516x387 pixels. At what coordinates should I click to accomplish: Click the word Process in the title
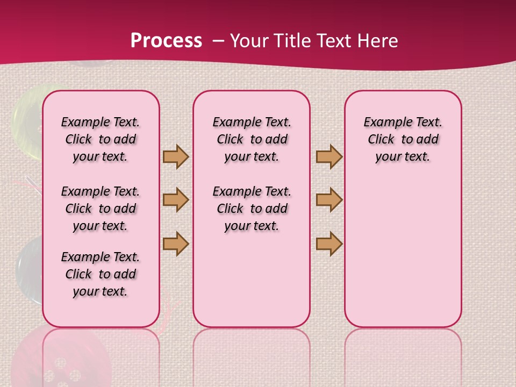pos(166,40)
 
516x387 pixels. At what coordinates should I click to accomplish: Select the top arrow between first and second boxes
pos(176,156)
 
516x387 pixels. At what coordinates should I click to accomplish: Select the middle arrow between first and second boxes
pos(176,200)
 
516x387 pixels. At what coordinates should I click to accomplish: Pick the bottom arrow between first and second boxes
pos(176,243)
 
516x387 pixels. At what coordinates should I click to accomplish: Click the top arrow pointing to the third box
pos(329,156)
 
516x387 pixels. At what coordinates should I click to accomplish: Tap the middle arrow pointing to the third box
pos(329,200)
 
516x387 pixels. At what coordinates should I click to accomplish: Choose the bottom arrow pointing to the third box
pos(329,243)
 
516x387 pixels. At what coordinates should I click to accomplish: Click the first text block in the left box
pos(101,139)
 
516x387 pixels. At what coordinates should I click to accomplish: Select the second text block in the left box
pos(101,209)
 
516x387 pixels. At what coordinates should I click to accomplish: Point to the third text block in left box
pos(101,274)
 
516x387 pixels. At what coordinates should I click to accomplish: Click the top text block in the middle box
pos(252,139)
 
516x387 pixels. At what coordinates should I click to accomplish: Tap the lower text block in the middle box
pos(252,209)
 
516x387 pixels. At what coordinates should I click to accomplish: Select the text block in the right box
pos(403,139)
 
